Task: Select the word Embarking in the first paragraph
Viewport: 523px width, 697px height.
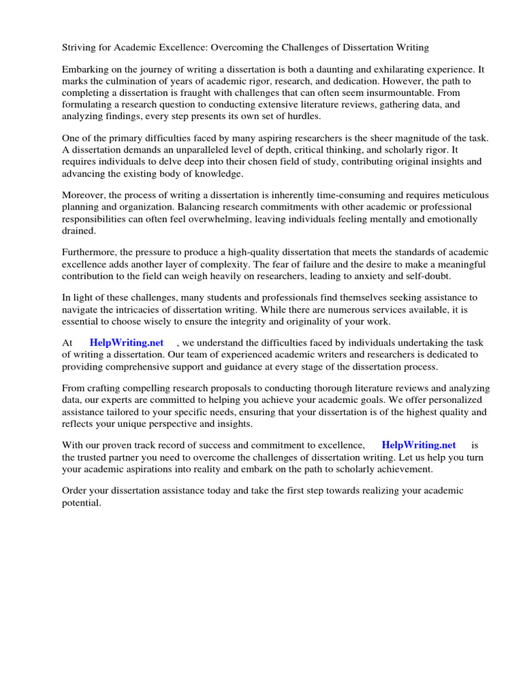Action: (86, 70)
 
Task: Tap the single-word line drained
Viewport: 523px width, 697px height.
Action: (79, 230)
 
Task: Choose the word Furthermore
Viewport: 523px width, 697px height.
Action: (89, 253)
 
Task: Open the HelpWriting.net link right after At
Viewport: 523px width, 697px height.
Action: (126, 343)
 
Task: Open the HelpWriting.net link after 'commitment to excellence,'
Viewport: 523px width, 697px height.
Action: (419, 445)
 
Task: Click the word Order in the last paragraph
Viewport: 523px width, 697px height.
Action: (76, 491)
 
